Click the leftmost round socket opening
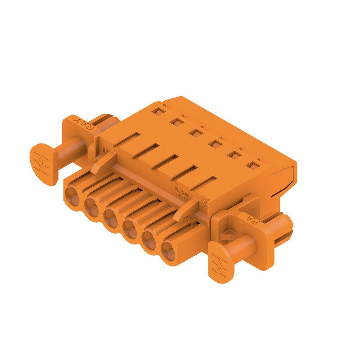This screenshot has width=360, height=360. coord(71,196)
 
